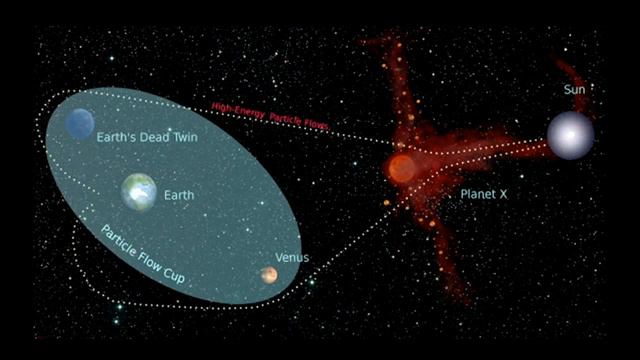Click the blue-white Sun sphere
click(x=570, y=135)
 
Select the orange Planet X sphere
click(x=402, y=168)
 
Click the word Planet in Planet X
click(x=477, y=193)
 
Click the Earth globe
click(x=139, y=191)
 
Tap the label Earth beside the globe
click(x=179, y=196)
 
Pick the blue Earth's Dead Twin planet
click(x=80, y=123)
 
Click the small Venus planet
click(x=269, y=275)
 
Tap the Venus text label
click(x=293, y=258)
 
